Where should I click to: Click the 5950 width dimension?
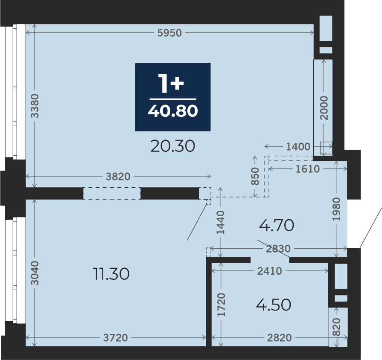169,33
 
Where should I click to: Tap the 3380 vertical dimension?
35,106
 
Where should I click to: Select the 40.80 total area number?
173,111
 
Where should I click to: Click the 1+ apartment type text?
171,83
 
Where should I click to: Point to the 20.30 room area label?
173,146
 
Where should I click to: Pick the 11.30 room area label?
111,273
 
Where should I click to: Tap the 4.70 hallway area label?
277,225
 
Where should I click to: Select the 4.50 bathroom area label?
274,305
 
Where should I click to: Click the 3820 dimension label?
118,177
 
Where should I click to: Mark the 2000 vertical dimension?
324,108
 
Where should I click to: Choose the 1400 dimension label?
298,147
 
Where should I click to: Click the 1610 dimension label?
307,169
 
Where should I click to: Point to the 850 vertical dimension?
255,176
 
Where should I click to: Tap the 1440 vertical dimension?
221,222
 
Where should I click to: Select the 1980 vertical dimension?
336,209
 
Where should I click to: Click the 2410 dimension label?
270,271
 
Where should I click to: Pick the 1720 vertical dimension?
222,305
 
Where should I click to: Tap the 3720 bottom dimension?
116,338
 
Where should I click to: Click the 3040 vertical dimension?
35,273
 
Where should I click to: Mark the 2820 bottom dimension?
280,338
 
